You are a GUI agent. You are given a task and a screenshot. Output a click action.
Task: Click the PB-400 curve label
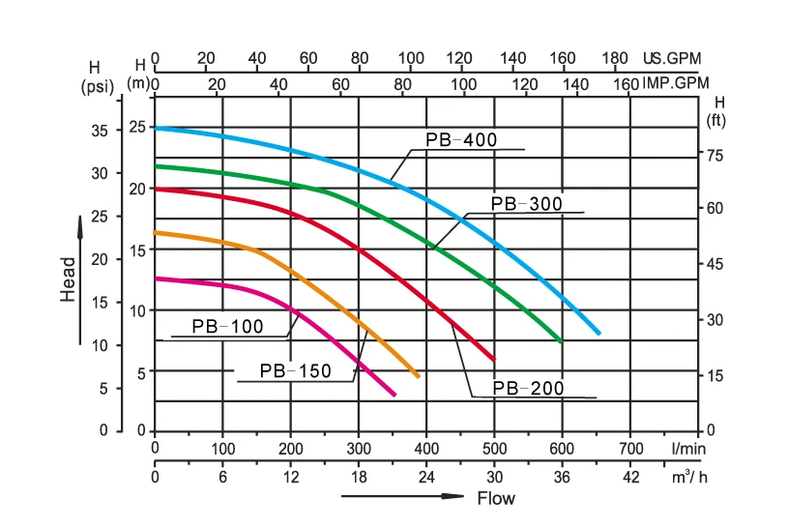pyautogui.click(x=461, y=140)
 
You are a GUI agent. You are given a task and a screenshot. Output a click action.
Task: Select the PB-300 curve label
pyautogui.click(x=526, y=203)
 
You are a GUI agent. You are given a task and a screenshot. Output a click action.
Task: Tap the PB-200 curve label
pyautogui.click(x=528, y=389)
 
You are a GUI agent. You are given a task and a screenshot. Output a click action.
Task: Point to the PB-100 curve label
pyautogui.click(x=227, y=327)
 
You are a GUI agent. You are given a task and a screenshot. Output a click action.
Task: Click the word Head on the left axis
pyautogui.click(x=68, y=279)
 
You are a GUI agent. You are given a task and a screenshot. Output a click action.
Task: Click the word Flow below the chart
pyautogui.click(x=496, y=499)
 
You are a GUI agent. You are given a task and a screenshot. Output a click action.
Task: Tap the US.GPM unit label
pyautogui.click(x=671, y=58)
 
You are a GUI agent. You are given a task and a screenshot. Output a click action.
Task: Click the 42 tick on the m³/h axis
pyautogui.click(x=630, y=477)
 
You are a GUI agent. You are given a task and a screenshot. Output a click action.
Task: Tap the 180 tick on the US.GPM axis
pyautogui.click(x=615, y=58)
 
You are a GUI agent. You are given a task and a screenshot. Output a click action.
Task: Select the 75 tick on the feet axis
pyautogui.click(x=717, y=155)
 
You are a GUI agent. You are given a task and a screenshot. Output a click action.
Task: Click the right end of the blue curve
pyautogui.click(x=599, y=334)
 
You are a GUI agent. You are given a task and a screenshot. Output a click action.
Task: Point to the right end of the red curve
pyautogui.click(x=494, y=360)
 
